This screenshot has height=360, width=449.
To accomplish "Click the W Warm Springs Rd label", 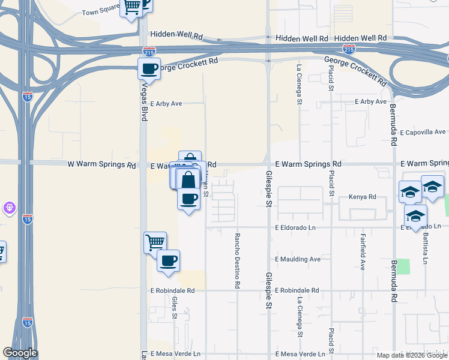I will pyautogui.click(x=101, y=164).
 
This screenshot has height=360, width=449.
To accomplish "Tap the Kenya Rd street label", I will pyautogui.click(x=363, y=197).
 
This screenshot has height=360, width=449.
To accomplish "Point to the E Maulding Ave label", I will pyautogui.click(x=298, y=259).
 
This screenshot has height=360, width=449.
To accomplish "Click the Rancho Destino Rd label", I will pyautogui.click(x=238, y=261).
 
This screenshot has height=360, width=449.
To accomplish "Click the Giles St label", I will pyautogui.click(x=174, y=307).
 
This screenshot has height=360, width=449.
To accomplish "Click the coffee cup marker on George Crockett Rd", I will pyautogui.click(x=149, y=68).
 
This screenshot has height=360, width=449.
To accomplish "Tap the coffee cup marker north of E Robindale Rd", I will pyautogui.click(x=168, y=261).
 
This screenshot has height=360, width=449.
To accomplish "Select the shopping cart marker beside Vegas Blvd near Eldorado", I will pyautogui.click(x=155, y=242).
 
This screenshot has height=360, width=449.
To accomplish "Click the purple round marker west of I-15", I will pyautogui.click(x=9, y=208).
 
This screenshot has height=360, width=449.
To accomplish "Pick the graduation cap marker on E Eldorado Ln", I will pyautogui.click(x=415, y=216).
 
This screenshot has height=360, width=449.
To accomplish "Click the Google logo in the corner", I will pyautogui.click(x=20, y=353).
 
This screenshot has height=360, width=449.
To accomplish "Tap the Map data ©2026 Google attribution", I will pyautogui.click(x=411, y=355).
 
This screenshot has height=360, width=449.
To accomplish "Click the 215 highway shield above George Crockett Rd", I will pyautogui.click(x=150, y=52).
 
